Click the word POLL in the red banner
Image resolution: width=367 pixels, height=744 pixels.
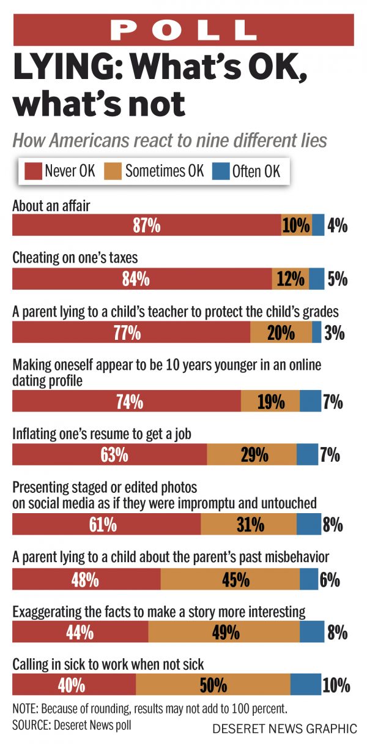click(183, 29)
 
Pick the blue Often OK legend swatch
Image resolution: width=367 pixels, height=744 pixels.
click(221, 170)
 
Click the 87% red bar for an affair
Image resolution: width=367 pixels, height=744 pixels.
click(146, 225)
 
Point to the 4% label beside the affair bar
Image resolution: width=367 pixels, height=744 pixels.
click(338, 225)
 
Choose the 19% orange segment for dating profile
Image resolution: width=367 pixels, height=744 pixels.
click(270, 402)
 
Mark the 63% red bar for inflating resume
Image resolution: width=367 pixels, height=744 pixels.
click(109, 454)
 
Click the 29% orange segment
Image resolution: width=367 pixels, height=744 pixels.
click(251, 454)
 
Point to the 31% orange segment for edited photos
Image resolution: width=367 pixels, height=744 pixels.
click(248, 524)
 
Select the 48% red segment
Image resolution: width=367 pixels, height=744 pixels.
click(86, 579)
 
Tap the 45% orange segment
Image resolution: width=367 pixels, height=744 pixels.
click(230, 579)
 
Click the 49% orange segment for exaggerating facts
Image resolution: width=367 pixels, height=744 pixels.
click(224, 631)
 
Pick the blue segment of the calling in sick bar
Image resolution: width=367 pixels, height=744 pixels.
click(305, 684)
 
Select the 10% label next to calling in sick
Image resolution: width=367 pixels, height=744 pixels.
click(337, 684)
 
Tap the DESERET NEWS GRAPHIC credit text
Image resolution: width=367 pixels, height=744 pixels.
click(284, 729)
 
